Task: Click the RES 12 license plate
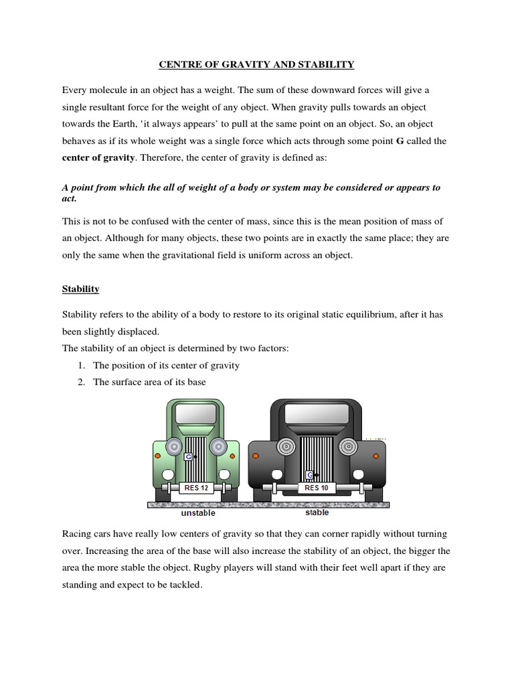195,488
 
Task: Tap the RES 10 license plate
316,488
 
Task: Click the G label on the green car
188,456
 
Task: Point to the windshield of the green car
195,413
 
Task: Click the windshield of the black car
316,413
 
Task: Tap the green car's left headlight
173,445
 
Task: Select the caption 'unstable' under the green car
198,514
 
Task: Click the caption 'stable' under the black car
317,513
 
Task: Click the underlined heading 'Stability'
80,289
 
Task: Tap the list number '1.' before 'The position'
82,366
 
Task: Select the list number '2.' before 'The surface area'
82,382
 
